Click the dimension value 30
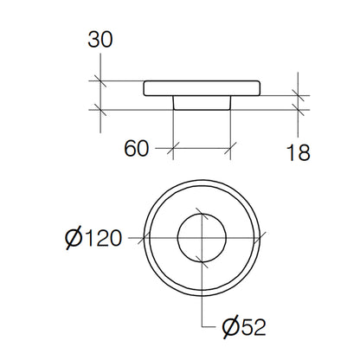(x=100, y=40)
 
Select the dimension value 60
(x=137, y=149)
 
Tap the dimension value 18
(x=299, y=152)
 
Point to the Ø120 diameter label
(x=93, y=238)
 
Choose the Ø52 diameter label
(x=244, y=327)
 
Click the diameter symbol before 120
(x=74, y=239)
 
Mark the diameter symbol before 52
(x=231, y=328)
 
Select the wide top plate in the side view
(x=202, y=88)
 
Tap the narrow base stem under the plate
(x=202, y=103)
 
